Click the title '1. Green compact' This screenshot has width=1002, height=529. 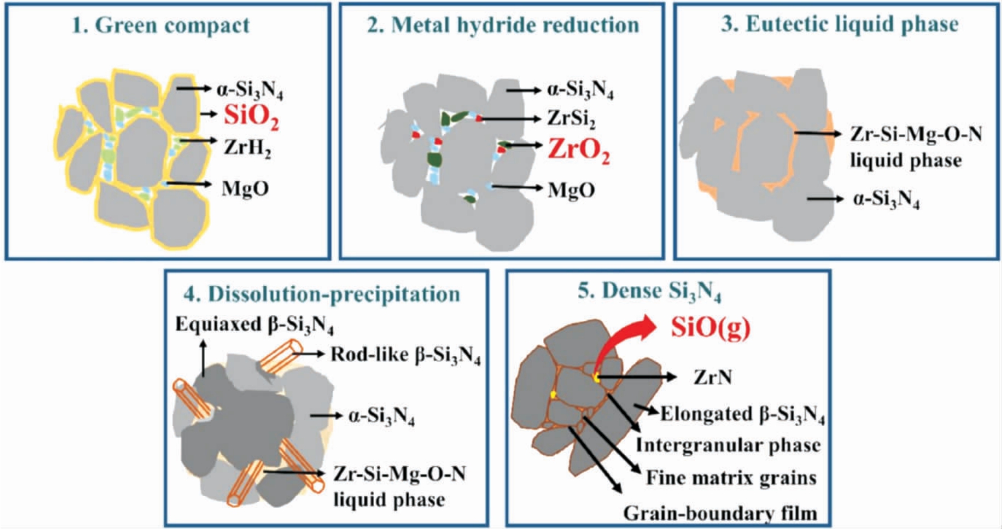pos(161,25)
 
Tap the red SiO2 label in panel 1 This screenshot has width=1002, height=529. pos(252,116)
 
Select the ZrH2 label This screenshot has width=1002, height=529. pos(247,148)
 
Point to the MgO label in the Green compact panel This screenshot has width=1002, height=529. pos(245,189)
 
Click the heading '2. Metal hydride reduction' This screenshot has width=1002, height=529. pos(503,25)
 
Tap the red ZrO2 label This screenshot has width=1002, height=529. pos(579,150)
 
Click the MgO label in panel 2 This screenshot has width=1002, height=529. pos(571,190)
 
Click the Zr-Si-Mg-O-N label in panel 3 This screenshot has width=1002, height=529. pos(916,134)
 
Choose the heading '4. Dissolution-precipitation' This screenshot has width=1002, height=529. pos(322,294)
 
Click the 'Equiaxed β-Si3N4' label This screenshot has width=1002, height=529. pos(254,326)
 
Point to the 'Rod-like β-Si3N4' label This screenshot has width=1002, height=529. pos(406,355)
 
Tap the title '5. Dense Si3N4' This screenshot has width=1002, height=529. pos(650,292)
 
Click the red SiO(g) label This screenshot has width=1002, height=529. pos(710,327)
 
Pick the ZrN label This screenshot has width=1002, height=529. pos(712,377)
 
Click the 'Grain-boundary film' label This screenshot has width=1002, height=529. pos(720,513)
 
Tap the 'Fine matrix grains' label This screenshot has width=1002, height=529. pos(731,478)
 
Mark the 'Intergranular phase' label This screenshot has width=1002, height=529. pos(728,445)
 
